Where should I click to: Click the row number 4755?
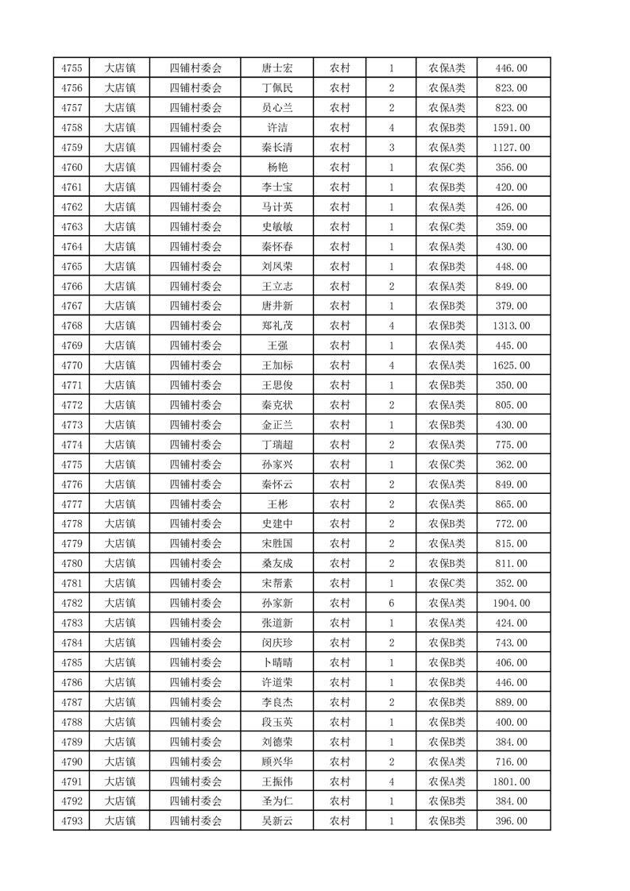click(x=72, y=68)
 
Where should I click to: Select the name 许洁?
click(x=276, y=128)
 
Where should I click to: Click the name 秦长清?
click(x=276, y=148)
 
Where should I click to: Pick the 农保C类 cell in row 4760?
click(x=447, y=168)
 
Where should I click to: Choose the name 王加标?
click(x=276, y=365)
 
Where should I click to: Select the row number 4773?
click(x=72, y=425)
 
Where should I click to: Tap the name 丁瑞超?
click(x=276, y=445)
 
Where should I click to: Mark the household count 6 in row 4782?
click(x=392, y=604)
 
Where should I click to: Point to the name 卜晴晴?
click(x=276, y=662)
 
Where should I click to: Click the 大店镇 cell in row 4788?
click(x=120, y=722)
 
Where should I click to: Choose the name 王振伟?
click(x=276, y=781)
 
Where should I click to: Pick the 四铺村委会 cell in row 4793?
click(x=195, y=821)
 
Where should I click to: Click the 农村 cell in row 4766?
click(x=340, y=287)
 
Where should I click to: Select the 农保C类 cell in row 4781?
click(x=447, y=584)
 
